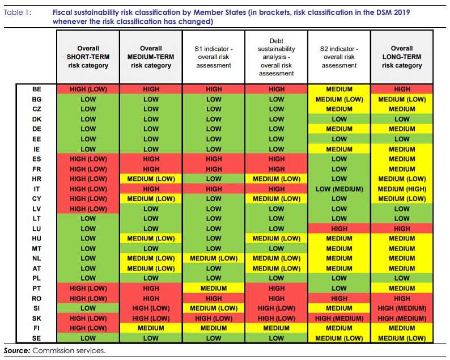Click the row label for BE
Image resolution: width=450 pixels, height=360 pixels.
[x=36, y=89]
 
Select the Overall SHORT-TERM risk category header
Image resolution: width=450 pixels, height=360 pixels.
[x=88, y=57]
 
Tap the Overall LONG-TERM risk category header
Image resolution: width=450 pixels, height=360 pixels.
[x=402, y=57]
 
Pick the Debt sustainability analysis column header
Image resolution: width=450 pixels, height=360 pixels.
[x=277, y=57]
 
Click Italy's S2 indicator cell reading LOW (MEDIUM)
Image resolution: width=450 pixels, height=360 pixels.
[x=339, y=189]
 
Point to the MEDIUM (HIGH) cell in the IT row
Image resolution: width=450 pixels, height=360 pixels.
[x=402, y=189]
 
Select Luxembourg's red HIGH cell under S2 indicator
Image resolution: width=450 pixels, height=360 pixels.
[x=339, y=229]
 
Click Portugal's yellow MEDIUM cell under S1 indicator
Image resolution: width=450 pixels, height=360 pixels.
[x=214, y=288]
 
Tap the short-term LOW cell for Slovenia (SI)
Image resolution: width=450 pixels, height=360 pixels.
[x=88, y=308]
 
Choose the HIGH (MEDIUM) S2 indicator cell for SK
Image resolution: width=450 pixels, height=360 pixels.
[x=339, y=319]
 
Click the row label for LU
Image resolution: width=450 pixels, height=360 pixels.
[x=36, y=229]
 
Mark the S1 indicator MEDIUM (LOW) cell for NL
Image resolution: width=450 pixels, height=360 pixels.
[x=214, y=259]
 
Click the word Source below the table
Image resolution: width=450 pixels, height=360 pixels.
[x=16, y=350]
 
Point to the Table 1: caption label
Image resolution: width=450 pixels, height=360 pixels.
[x=18, y=12]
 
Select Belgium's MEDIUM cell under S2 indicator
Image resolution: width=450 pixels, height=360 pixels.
[x=339, y=89]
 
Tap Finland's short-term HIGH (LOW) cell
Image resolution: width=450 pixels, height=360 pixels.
[x=88, y=328]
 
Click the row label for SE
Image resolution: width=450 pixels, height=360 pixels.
[x=36, y=338]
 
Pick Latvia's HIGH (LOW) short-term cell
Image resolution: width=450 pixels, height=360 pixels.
[x=88, y=209]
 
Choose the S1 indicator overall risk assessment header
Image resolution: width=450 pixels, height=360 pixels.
[x=214, y=57]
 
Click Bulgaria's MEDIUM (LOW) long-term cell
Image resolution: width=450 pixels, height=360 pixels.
[x=402, y=99]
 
